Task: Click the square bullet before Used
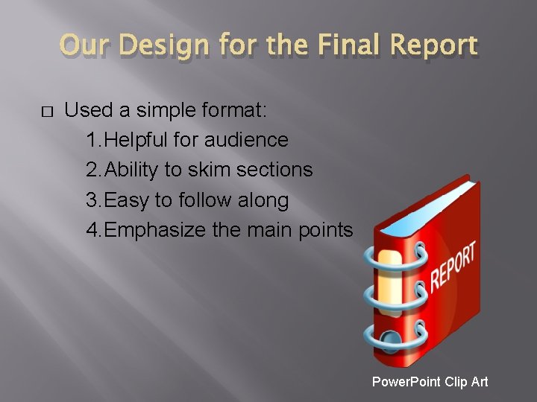tap(46, 112)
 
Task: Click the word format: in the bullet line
tap(236, 110)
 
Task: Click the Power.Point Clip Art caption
tap(430, 382)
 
